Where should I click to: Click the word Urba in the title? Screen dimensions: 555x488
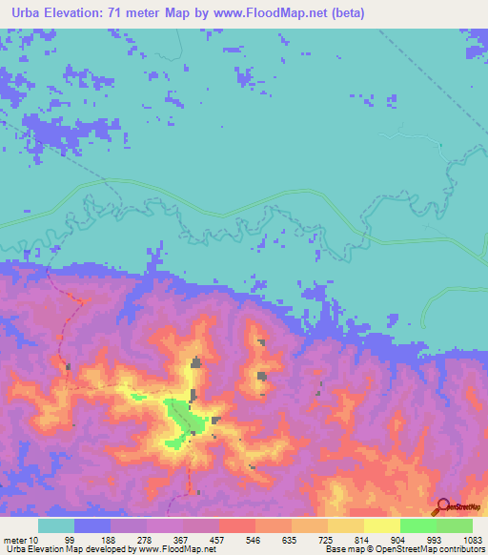[23, 12]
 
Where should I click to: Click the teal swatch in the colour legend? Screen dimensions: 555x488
[55, 525]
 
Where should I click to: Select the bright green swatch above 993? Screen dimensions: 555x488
[417, 525]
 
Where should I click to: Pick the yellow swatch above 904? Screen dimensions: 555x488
[381, 525]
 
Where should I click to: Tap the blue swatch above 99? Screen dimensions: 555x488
[91, 525]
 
